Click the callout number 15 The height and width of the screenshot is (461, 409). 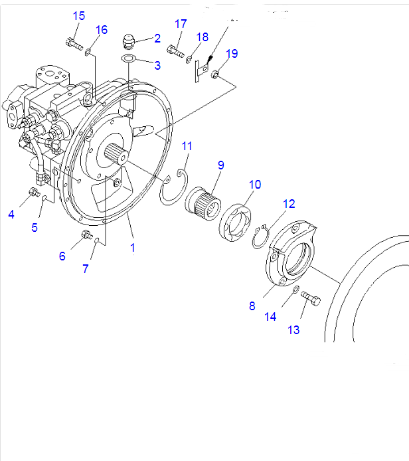click(79, 16)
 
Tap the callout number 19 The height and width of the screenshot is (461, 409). click(231, 53)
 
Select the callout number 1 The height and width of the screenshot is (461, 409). click(133, 248)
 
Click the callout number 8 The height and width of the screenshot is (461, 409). click(252, 306)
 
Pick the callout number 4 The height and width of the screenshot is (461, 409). click(11, 213)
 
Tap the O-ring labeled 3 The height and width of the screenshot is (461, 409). click(129, 60)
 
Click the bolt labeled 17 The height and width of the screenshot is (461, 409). click(176, 48)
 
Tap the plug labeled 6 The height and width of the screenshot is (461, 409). click(85, 234)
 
